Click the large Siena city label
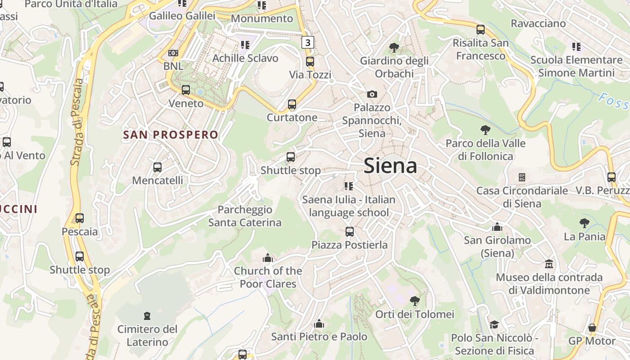[x=390, y=166]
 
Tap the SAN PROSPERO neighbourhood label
[x=171, y=135]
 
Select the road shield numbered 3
[x=307, y=42]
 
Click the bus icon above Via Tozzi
[x=310, y=62]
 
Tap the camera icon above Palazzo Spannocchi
[x=372, y=94]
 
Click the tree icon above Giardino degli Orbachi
[x=394, y=47]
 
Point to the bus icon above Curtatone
[x=292, y=104]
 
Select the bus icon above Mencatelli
[x=157, y=167]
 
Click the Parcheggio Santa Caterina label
[x=245, y=216]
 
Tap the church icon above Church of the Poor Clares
[x=268, y=258]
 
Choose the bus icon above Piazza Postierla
[x=350, y=232]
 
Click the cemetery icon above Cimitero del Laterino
[x=147, y=316]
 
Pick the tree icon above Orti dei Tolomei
[x=415, y=301]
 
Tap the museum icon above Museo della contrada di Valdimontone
[x=549, y=264]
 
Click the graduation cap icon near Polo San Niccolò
[x=494, y=324]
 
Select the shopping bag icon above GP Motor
[x=592, y=327]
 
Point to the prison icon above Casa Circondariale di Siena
[x=522, y=177]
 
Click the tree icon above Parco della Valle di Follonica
[x=485, y=130]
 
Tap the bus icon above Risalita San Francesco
[x=481, y=30]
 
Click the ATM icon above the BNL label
[x=173, y=53]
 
